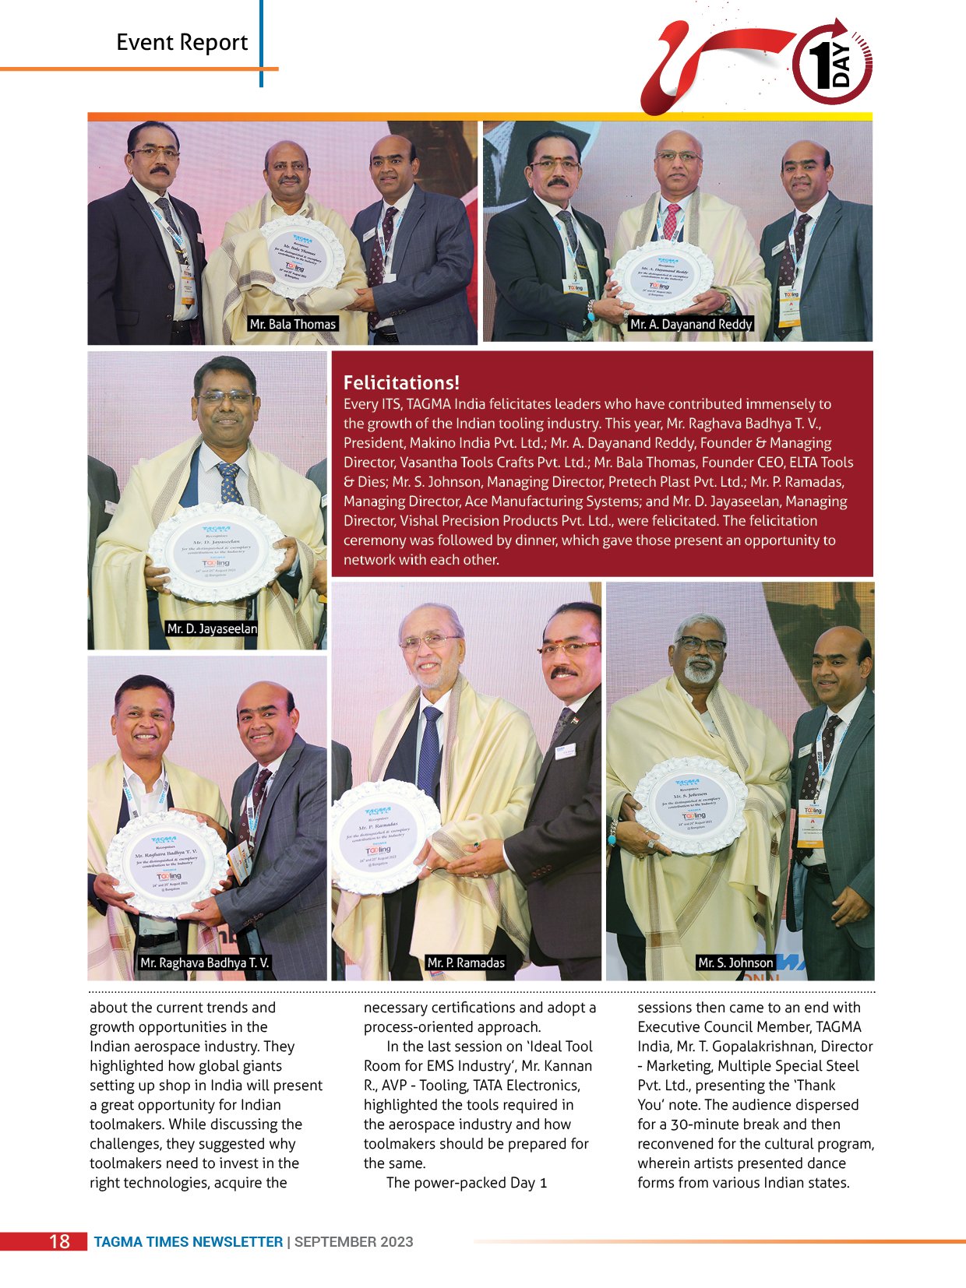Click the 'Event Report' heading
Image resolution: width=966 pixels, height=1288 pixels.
[x=182, y=42]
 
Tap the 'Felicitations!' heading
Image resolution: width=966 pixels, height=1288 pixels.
[x=401, y=382]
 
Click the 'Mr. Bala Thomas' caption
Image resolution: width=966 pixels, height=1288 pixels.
[x=293, y=324]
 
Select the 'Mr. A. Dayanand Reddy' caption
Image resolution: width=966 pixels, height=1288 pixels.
[x=691, y=324]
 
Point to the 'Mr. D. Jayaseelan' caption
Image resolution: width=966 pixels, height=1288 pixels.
[x=212, y=628]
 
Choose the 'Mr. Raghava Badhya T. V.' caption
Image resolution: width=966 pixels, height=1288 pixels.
[x=205, y=962]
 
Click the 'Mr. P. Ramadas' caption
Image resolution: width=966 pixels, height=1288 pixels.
[x=466, y=962]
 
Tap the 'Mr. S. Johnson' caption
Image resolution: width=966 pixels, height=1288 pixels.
[x=735, y=962]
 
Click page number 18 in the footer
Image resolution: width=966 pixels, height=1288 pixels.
[x=59, y=1241]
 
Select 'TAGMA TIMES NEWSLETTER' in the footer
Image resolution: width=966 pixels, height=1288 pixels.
[x=189, y=1242]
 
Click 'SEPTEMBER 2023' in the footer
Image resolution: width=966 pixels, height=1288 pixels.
[x=354, y=1242]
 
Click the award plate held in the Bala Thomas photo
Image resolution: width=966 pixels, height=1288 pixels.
[x=302, y=256]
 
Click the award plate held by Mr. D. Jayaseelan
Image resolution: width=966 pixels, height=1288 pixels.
[x=216, y=552]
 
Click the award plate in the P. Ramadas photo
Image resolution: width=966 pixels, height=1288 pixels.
[x=382, y=836]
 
